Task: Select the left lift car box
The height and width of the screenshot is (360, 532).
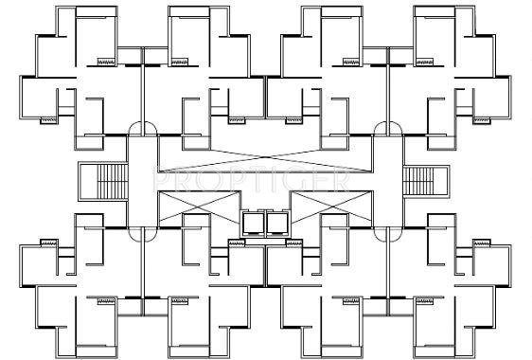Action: coord(255,222)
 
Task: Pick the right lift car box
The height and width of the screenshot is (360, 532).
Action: coord(276,222)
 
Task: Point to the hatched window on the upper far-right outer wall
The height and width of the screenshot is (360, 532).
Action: coord(482,120)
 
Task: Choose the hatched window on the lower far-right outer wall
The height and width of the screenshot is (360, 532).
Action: coord(482,242)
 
